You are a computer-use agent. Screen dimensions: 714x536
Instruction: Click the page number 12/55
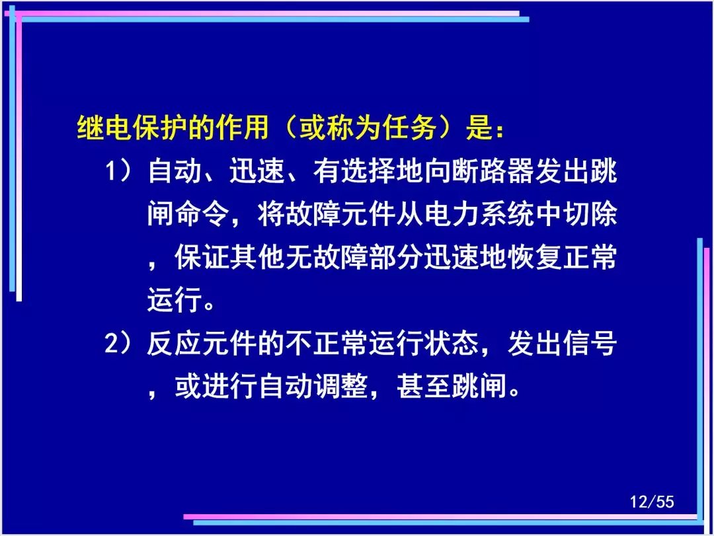652,502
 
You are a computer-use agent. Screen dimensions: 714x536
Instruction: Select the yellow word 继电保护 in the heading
132,127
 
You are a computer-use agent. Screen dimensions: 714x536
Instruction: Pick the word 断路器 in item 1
493,172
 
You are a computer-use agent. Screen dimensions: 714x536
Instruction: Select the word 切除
590,214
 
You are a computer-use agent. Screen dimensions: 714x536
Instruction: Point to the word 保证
202,257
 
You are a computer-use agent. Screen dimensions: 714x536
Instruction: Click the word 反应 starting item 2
175,343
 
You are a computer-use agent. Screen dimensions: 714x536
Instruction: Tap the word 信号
590,343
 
